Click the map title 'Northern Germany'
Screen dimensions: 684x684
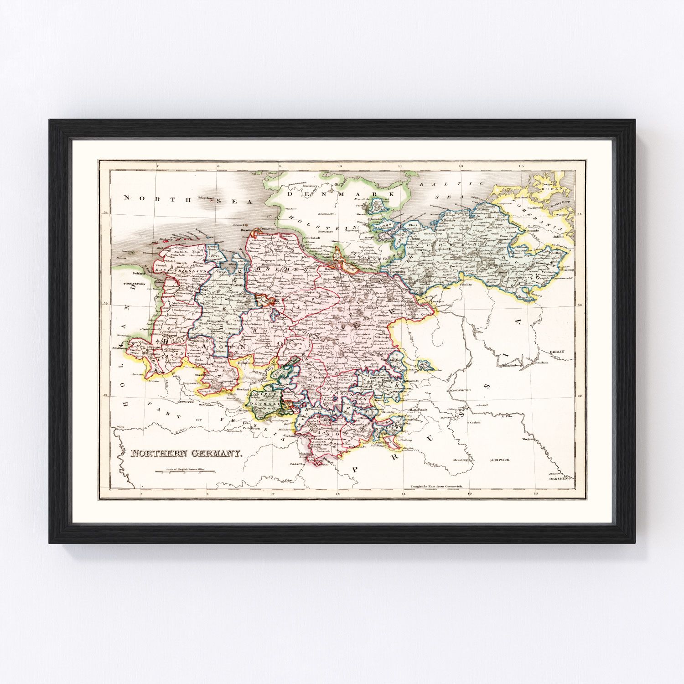pos(187,454)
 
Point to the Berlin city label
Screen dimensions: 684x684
pos(557,352)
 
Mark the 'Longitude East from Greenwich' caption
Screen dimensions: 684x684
pos(437,487)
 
